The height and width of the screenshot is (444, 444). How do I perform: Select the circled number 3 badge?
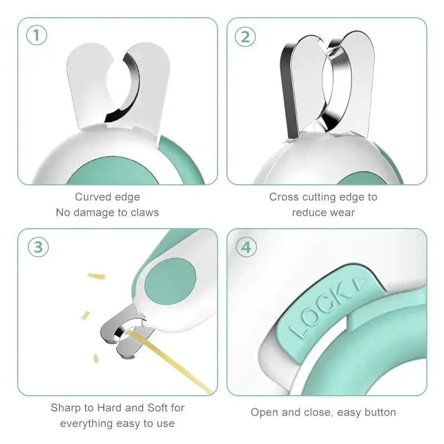(38, 247)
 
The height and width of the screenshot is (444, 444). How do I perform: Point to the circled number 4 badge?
(246, 247)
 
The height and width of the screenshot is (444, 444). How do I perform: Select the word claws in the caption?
(144, 213)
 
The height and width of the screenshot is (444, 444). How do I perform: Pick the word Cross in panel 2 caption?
(283, 197)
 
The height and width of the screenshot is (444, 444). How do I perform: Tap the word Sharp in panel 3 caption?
(65, 408)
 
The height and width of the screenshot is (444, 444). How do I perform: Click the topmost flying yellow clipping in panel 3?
(97, 276)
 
